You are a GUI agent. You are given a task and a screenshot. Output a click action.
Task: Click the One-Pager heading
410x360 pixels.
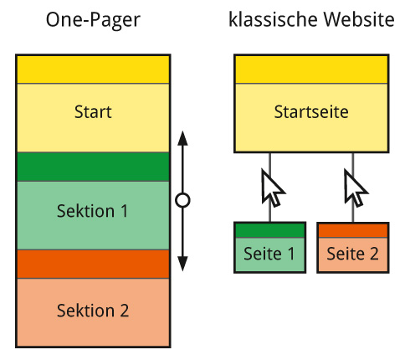click(x=92, y=20)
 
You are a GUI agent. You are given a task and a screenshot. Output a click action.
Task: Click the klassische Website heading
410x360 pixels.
click(x=310, y=20)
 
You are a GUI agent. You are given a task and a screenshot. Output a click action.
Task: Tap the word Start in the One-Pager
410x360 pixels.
click(x=93, y=111)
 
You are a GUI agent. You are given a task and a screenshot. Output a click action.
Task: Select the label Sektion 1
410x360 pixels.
click(x=93, y=211)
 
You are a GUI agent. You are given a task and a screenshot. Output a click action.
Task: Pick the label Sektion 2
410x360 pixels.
click(x=93, y=311)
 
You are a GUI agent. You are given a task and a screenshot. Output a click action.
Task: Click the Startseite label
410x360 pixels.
click(x=310, y=111)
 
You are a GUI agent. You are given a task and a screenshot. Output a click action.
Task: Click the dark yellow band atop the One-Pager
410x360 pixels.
click(x=93, y=69)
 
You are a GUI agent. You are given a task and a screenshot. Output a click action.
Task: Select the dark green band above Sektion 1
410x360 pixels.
click(x=93, y=167)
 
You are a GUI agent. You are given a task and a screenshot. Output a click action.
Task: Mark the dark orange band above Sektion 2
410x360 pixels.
click(x=93, y=264)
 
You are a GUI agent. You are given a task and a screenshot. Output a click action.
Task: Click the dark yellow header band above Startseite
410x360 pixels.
click(x=310, y=69)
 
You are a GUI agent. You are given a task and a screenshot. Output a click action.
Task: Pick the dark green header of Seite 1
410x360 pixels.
click(x=269, y=230)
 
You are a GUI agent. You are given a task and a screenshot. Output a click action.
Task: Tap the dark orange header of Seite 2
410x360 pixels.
click(x=352, y=230)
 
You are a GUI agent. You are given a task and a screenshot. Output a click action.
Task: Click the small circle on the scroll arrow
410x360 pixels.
click(x=183, y=201)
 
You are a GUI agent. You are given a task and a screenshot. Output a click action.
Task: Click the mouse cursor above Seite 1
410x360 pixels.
click(x=272, y=188)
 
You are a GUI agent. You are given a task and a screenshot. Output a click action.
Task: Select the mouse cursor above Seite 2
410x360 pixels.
click(x=355, y=188)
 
